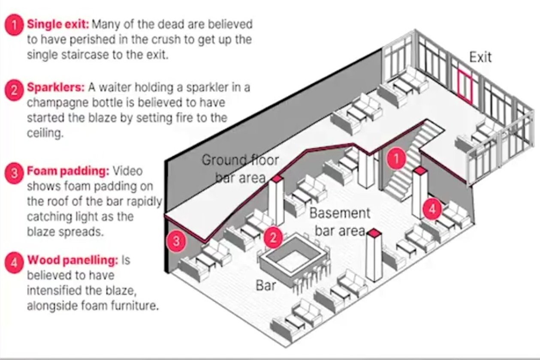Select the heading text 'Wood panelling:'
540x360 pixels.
(x=72, y=260)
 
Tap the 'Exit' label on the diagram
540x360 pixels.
(x=480, y=57)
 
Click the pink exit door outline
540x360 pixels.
(x=465, y=88)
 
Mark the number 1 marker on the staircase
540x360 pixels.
(x=397, y=159)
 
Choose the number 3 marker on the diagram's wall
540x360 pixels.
(x=176, y=241)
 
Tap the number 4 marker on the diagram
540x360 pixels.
(x=432, y=210)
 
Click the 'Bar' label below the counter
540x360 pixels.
(x=265, y=285)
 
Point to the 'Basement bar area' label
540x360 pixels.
(x=339, y=222)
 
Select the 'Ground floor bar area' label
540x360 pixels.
(x=240, y=169)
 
